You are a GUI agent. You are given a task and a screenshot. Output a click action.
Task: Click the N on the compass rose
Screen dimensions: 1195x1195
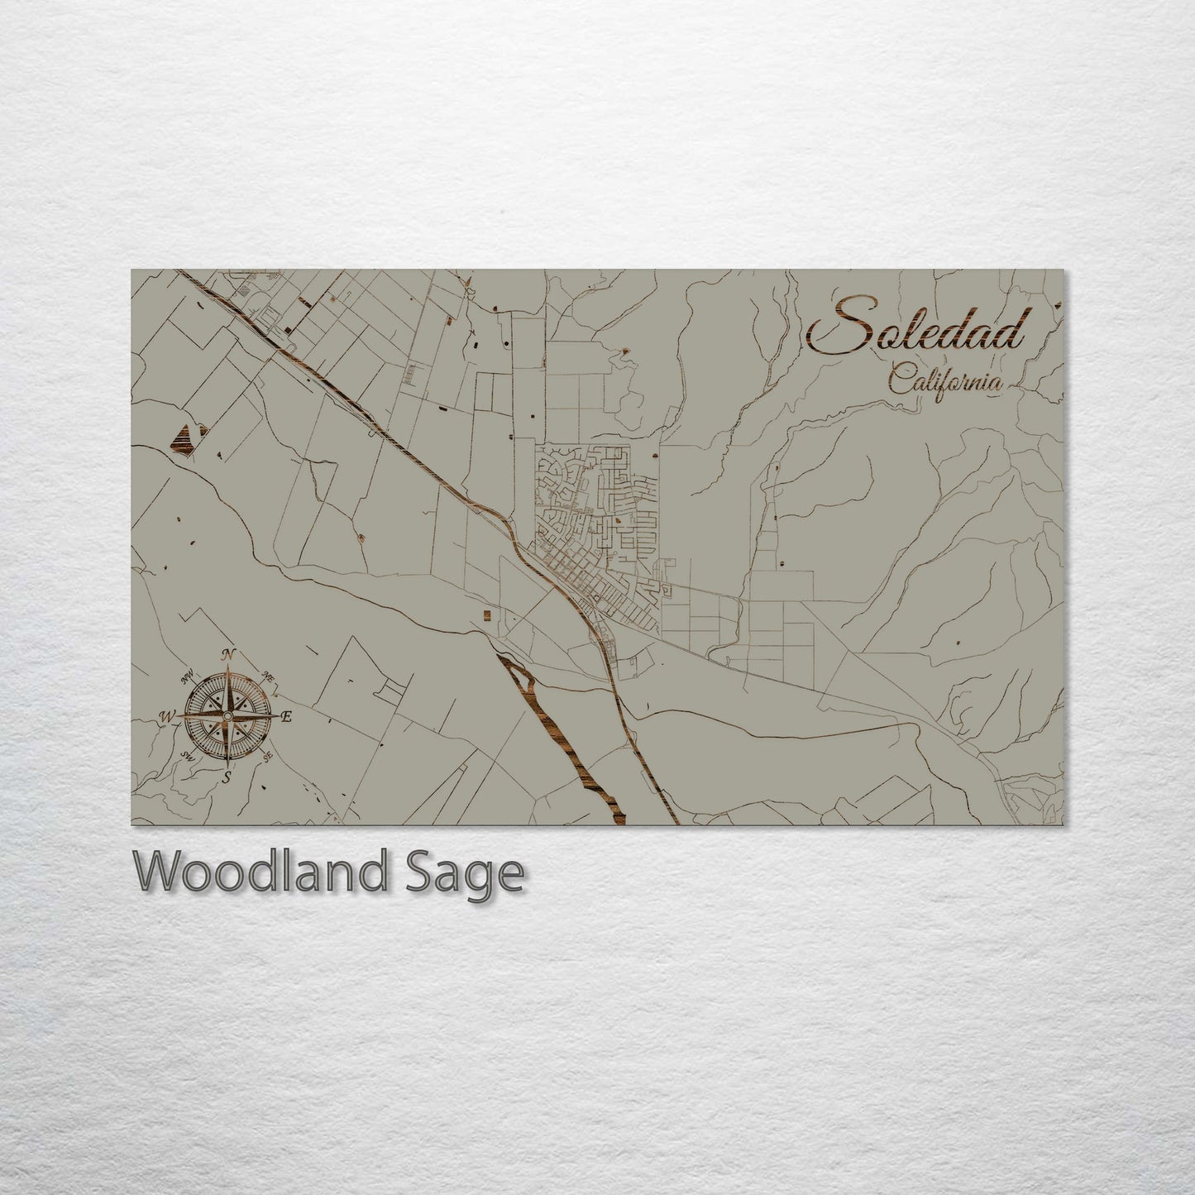pyautogui.click(x=228, y=654)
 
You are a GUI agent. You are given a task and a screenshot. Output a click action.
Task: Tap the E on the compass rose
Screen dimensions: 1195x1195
pyautogui.click(x=286, y=716)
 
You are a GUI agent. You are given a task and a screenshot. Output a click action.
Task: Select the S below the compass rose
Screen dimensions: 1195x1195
pyautogui.click(x=227, y=777)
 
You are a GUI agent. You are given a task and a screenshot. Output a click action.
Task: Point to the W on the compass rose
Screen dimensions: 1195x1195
pyautogui.click(x=167, y=715)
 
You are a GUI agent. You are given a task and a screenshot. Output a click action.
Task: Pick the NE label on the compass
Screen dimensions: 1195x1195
pyautogui.click(x=268, y=676)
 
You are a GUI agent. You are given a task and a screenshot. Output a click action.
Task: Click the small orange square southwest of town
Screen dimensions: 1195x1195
pyautogui.click(x=486, y=614)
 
